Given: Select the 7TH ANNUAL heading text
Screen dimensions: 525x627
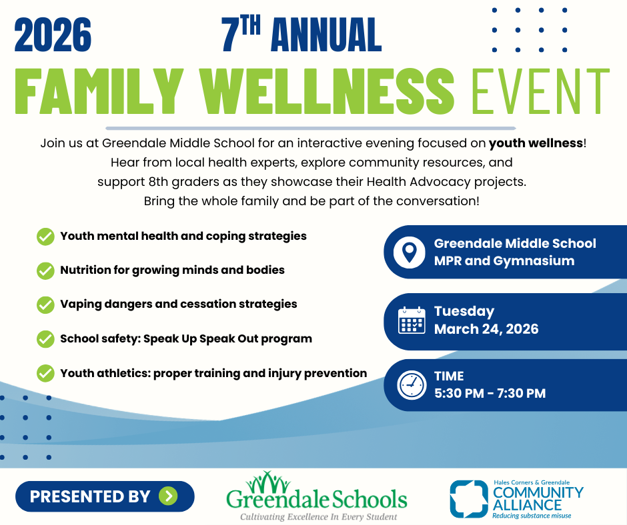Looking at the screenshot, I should point(301,35).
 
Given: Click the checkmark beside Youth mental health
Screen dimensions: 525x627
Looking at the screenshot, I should point(45,237).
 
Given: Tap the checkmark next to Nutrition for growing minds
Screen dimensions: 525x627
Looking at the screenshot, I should point(45,270).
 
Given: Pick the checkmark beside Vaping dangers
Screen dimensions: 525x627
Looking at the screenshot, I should point(45,304).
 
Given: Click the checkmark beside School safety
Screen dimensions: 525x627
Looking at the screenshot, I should point(45,338).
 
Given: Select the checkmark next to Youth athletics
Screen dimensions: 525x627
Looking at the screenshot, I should point(45,373).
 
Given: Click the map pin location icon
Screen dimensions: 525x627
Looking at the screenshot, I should point(410,252).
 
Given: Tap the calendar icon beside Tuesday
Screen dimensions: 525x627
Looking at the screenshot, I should point(411,320).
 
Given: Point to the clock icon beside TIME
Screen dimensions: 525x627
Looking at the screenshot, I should point(411,384).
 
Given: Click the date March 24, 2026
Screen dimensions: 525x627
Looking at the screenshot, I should point(486,329).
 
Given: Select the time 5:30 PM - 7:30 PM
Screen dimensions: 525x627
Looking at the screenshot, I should point(490,393).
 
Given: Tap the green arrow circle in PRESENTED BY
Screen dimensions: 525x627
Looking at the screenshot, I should point(168,496).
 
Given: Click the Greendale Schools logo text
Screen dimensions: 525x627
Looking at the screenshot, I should point(316,498).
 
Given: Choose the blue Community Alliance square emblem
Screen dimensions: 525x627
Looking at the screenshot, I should point(469,499).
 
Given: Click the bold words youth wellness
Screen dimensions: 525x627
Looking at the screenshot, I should point(536,143).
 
